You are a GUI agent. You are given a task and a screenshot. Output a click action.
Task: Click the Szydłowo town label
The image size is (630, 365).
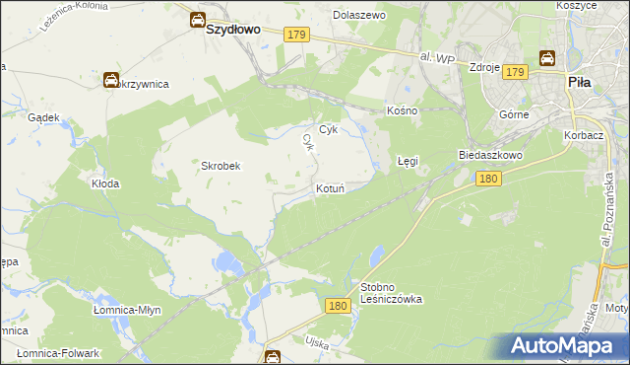233,30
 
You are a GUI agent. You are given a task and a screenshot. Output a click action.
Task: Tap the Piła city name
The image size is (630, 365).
579,84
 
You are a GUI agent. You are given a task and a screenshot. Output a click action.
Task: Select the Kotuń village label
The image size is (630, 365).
330,187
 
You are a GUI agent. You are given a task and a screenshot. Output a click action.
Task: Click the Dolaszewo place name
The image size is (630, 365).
359,16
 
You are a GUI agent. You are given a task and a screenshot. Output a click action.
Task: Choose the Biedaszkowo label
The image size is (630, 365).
489,155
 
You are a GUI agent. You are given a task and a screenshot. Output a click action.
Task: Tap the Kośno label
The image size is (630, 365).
404,110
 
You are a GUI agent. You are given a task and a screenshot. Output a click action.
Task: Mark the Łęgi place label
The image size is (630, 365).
408,159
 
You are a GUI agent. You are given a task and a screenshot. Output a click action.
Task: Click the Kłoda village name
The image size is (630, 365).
105,183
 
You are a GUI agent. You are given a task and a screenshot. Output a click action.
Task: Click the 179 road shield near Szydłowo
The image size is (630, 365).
298,35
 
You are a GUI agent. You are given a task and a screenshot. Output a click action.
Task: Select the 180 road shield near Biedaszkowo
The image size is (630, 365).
488,179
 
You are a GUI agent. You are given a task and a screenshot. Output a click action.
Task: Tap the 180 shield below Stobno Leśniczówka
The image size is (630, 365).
338,307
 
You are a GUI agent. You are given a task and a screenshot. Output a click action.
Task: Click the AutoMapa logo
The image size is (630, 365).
564,346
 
